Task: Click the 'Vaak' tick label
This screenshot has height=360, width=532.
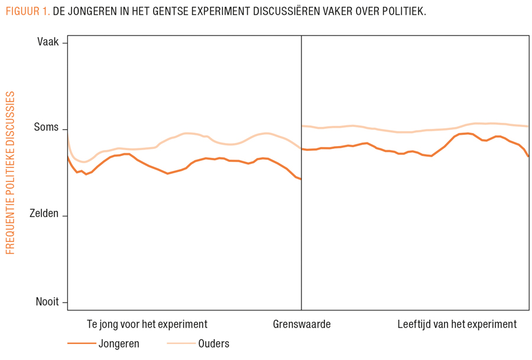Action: (48, 42)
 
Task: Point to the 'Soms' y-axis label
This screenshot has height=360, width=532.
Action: (46, 128)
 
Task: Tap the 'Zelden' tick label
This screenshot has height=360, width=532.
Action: (44, 214)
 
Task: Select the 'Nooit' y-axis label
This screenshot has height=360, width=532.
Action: (47, 301)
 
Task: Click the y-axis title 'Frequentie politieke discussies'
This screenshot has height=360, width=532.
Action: (10, 173)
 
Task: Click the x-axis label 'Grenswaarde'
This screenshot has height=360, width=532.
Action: (301, 324)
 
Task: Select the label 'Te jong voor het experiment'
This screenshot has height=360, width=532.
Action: (147, 324)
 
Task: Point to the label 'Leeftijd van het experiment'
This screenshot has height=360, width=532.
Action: (457, 324)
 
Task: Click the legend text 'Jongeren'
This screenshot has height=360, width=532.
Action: (120, 343)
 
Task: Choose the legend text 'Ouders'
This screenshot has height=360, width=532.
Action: (213, 343)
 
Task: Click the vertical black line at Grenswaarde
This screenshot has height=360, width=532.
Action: (301, 236)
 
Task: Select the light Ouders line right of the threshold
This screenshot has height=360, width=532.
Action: (414, 131)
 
